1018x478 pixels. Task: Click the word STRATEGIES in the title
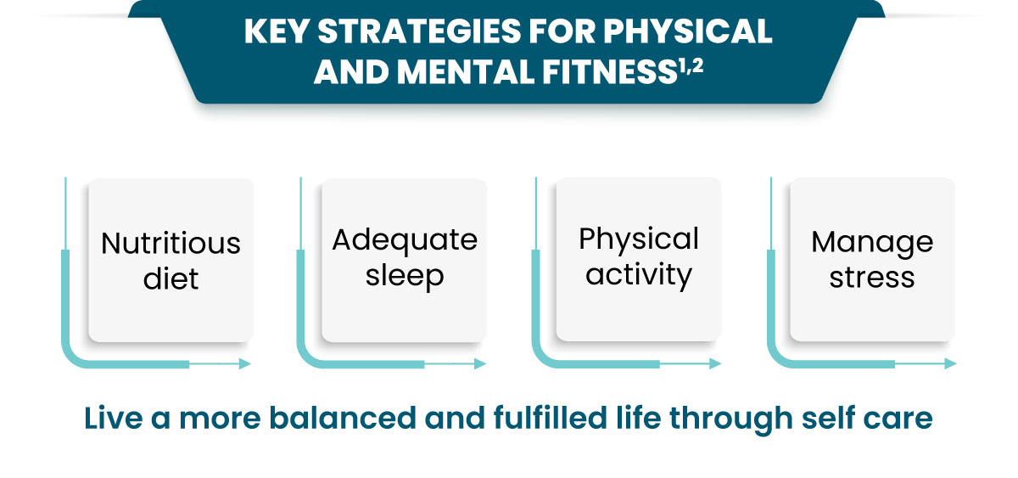pyautogui.click(x=418, y=31)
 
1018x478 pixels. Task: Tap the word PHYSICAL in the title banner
pyautogui.click(x=687, y=31)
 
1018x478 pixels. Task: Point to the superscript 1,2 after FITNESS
pyautogui.click(x=691, y=66)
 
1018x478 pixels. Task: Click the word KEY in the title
pyautogui.click(x=277, y=31)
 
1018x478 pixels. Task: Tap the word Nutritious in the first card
pyautogui.click(x=171, y=244)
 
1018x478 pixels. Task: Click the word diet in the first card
pyautogui.click(x=171, y=278)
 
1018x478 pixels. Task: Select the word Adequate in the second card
pyautogui.click(x=405, y=240)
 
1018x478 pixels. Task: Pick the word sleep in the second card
pyautogui.click(x=405, y=276)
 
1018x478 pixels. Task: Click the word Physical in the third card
pyautogui.click(x=639, y=239)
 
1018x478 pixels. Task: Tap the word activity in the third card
pyautogui.click(x=639, y=275)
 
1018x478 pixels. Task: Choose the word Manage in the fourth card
pyautogui.click(x=872, y=243)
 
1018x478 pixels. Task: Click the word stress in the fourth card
pyautogui.click(x=872, y=278)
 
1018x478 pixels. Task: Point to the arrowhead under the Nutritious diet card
pyautogui.click(x=245, y=364)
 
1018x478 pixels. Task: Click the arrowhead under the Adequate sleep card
pyautogui.click(x=480, y=364)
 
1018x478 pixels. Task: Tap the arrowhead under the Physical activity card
pyautogui.click(x=716, y=364)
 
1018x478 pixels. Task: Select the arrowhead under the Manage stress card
pyautogui.click(x=951, y=364)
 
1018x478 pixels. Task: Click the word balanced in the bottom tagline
pyautogui.click(x=343, y=418)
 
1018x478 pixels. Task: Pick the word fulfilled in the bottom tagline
pyautogui.click(x=550, y=418)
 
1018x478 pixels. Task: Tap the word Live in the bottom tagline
pyautogui.click(x=114, y=418)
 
